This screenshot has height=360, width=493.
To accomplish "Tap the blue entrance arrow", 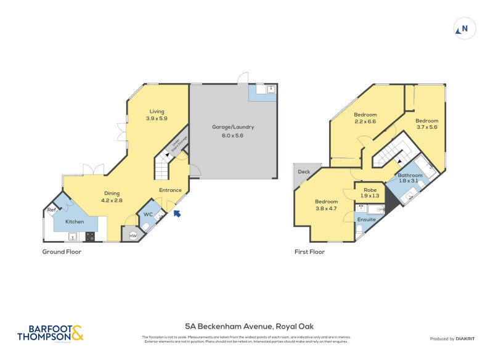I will coord(177,214).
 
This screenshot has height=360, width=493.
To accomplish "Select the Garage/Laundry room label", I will coord(233,127).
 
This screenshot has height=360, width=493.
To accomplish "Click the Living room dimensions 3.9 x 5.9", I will coord(157,118).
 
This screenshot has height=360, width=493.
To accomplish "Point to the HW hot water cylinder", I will coord(132,235).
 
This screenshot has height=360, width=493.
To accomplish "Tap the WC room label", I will coord(148,214).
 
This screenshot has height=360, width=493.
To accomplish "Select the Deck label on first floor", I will coord(304,172).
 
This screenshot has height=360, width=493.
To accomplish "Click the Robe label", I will coord(370,190).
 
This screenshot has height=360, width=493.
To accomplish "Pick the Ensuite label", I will coord(366,219).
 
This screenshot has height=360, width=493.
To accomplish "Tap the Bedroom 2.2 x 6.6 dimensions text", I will coord(365,121).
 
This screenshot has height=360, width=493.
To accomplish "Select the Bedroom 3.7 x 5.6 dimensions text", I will coord(426,127).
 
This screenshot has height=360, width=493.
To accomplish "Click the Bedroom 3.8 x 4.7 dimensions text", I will coord(326,208).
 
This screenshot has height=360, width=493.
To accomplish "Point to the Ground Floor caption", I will coord(62,252).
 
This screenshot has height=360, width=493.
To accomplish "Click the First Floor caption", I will coord(310,252).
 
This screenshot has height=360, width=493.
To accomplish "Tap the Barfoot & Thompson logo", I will coord(50,333).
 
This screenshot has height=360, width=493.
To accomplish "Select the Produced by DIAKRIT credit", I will coord(455,339).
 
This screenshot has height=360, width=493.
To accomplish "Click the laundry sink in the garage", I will coord(269,89).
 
